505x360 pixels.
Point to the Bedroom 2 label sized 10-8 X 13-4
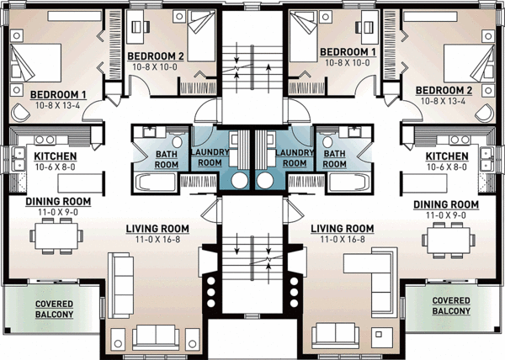(445, 90)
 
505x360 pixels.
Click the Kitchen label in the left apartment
(56, 156)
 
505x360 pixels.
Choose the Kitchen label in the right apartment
(447, 156)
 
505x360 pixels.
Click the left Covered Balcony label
(54, 308)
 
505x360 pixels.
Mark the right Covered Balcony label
(449, 304)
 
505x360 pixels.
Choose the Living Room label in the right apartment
(342, 228)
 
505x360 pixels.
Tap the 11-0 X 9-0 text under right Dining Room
(446, 216)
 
